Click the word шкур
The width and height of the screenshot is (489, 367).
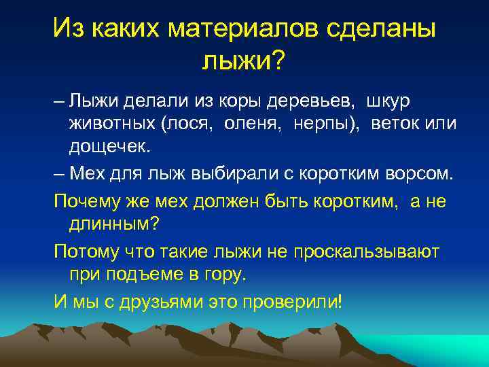coord(388,101)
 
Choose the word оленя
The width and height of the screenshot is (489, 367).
coord(238,125)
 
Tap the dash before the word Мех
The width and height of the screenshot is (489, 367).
coord(59,173)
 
